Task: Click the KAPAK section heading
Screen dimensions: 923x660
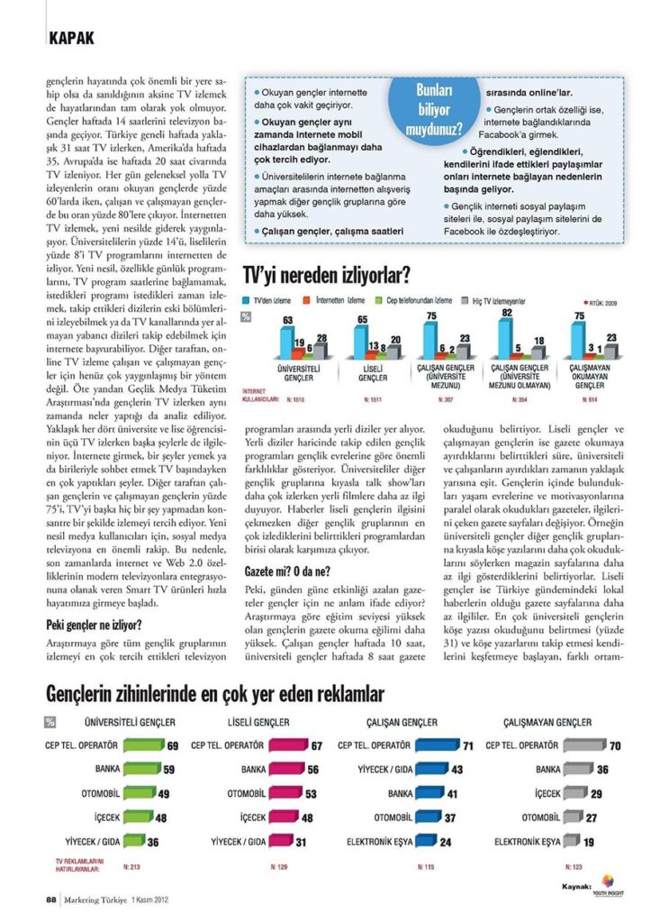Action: (x=71, y=39)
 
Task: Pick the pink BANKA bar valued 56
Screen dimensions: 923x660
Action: (x=287, y=770)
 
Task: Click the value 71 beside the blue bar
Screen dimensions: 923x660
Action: (x=468, y=746)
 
